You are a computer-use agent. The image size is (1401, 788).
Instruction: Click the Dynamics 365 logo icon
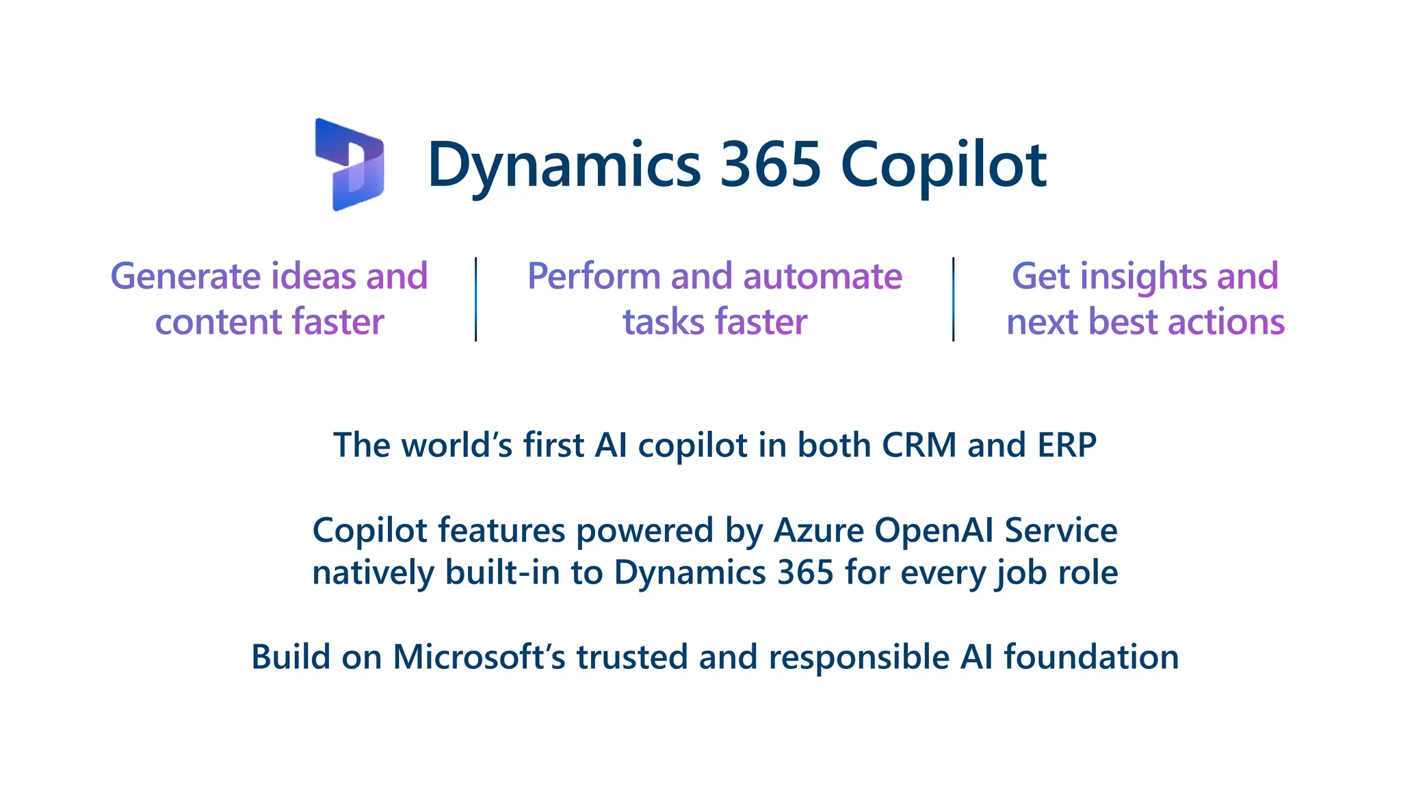coord(350,164)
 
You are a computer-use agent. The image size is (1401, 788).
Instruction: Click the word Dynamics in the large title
coord(564,166)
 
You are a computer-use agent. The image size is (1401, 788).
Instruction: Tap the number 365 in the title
coord(770,164)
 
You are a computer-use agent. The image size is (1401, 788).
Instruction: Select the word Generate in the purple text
coord(185,276)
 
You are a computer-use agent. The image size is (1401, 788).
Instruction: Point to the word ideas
coord(313,276)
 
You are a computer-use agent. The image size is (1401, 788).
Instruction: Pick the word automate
coord(822,276)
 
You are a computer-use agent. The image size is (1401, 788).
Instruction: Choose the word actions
coord(1226,321)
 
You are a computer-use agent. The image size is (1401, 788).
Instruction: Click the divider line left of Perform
coord(475,299)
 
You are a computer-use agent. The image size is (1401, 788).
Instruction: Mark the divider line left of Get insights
coord(953,299)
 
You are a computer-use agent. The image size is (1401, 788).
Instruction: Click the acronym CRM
coord(919,445)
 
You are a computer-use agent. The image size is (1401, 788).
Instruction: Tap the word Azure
coord(819,531)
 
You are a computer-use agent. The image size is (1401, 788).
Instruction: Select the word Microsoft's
coord(479,657)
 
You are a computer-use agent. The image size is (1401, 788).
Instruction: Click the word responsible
coord(859,657)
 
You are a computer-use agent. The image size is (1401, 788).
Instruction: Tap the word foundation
coord(1091,657)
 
